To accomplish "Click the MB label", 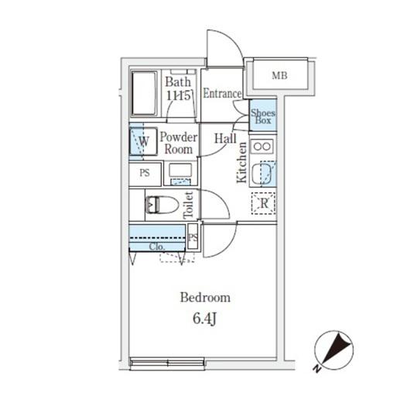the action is coord(279,76).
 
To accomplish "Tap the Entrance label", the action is coord(222,93).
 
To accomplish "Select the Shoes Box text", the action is coord(262,116).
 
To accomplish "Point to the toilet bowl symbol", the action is coord(162,205).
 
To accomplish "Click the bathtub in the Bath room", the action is coord(144,93).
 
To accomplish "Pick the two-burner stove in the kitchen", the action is coord(262,146).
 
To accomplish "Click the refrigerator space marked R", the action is coord(263,203).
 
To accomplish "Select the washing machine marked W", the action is coord(143,141).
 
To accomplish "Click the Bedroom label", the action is coord(205,298).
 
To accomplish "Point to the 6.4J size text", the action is coord(204,319).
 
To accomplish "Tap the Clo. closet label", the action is coord(157,247).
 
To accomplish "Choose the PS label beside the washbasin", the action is coord(145,173).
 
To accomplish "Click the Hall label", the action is coord(225,138).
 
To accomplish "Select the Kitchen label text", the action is coord(241,163).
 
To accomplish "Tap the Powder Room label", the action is coord(179,143).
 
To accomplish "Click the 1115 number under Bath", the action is coord(179,95).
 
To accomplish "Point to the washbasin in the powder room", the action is coord(180,174).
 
